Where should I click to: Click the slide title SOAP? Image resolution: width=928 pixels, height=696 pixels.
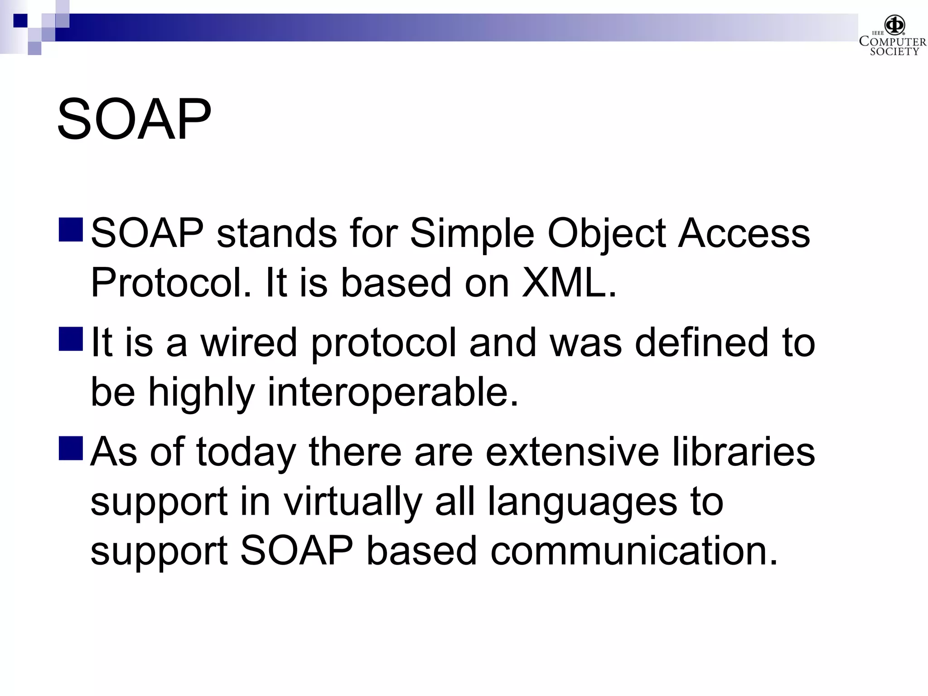click(134, 120)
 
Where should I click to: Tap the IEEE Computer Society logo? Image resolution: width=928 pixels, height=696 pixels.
click(892, 36)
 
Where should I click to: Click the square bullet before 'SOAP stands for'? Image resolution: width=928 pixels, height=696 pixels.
click(71, 230)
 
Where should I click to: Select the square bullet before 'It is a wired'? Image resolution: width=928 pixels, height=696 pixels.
click(71, 339)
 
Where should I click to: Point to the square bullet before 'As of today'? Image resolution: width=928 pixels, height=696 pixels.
click(71, 448)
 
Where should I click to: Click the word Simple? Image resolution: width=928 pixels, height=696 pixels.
click(472, 234)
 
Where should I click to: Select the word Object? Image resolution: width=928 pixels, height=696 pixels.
click(606, 234)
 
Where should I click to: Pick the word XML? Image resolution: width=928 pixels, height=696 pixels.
click(569, 283)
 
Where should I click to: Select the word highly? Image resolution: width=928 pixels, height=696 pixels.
click(201, 393)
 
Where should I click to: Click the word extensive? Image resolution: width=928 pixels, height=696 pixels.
click(572, 452)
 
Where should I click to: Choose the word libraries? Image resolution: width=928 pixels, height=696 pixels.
click(743, 452)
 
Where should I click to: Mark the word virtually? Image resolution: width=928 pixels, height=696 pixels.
click(353, 502)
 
